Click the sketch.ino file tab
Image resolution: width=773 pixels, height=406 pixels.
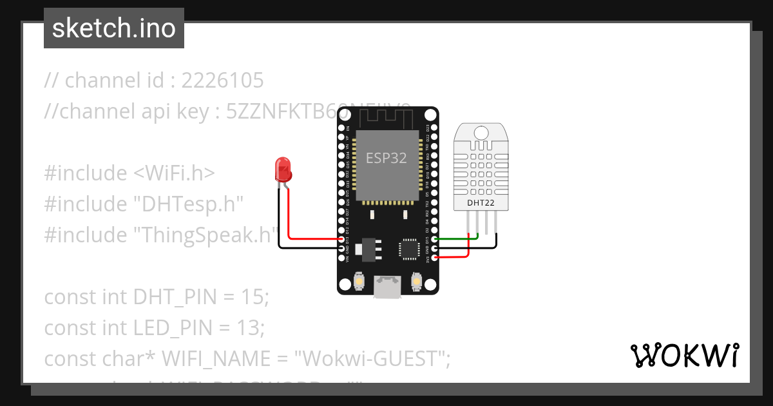pyautogui.click(x=113, y=29)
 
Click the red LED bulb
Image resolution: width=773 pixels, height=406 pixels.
pyautogui.click(x=283, y=169)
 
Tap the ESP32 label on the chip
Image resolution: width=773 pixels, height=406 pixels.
pyautogui.click(x=386, y=158)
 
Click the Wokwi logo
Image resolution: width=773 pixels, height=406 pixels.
pyautogui.click(x=685, y=355)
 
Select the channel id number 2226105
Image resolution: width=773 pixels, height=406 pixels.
pyautogui.click(x=222, y=81)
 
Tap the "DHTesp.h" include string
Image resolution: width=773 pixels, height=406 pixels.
pyautogui.click(x=188, y=204)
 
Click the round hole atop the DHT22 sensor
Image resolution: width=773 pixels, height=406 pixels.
pyautogui.click(x=481, y=132)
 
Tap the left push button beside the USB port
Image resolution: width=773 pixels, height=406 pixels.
pyautogui.click(x=359, y=282)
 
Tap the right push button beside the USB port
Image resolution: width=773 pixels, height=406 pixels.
pyautogui.click(x=416, y=282)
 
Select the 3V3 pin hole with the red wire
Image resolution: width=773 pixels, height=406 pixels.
pyautogui.click(x=435, y=258)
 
